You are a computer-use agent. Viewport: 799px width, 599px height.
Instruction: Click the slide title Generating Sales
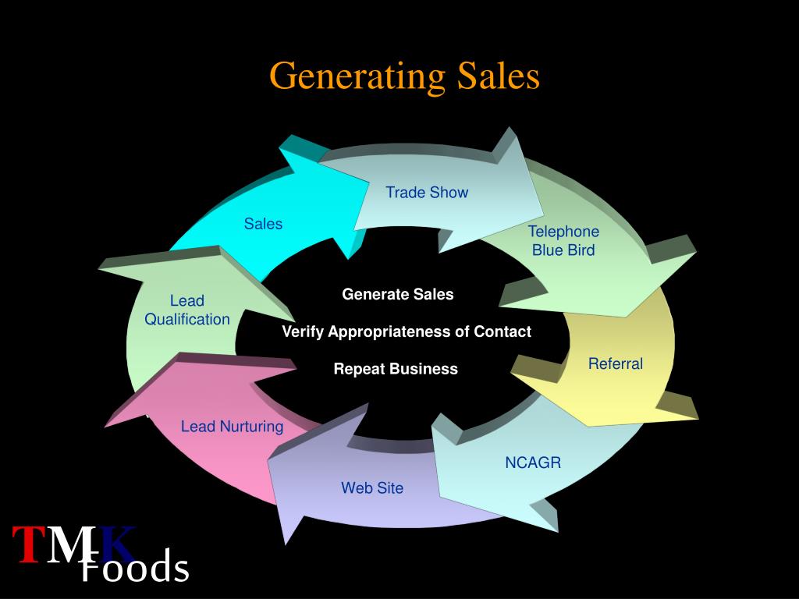(404, 76)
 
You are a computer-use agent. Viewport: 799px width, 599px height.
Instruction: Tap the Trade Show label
(427, 193)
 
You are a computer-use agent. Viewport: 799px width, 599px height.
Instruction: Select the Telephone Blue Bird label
(563, 241)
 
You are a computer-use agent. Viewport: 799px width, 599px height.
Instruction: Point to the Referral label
(615, 363)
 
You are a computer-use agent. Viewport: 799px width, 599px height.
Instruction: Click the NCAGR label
(532, 463)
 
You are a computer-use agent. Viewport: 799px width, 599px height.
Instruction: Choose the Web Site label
(372, 488)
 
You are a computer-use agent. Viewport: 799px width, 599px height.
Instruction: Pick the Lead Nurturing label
(232, 427)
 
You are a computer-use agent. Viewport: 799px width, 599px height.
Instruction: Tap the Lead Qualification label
(187, 310)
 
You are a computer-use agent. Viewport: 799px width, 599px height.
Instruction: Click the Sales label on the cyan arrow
(263, 224)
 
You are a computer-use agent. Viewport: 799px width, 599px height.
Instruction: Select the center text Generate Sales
(397, 294)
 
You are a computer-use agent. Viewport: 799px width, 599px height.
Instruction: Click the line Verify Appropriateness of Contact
(406, 331)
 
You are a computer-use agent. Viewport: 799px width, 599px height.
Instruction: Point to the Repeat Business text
(396, 369)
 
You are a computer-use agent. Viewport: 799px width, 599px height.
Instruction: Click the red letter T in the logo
(27, 544)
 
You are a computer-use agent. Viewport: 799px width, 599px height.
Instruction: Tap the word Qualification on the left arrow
(187, 319)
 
